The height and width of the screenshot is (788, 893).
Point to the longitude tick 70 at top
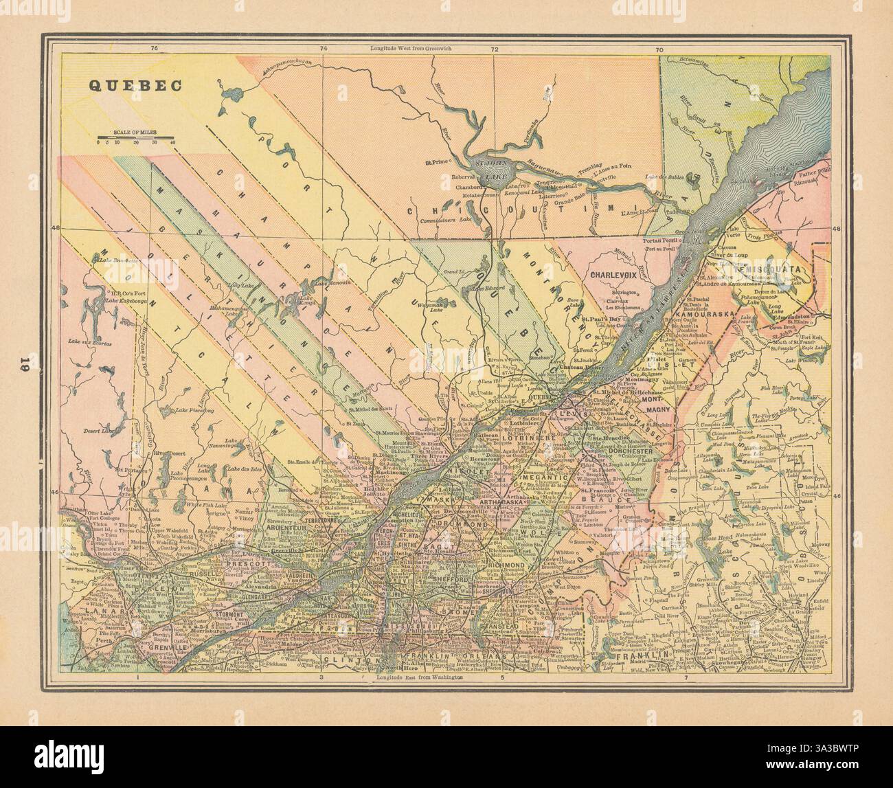(659, 49)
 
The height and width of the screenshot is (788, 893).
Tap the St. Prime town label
(437, 163)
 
